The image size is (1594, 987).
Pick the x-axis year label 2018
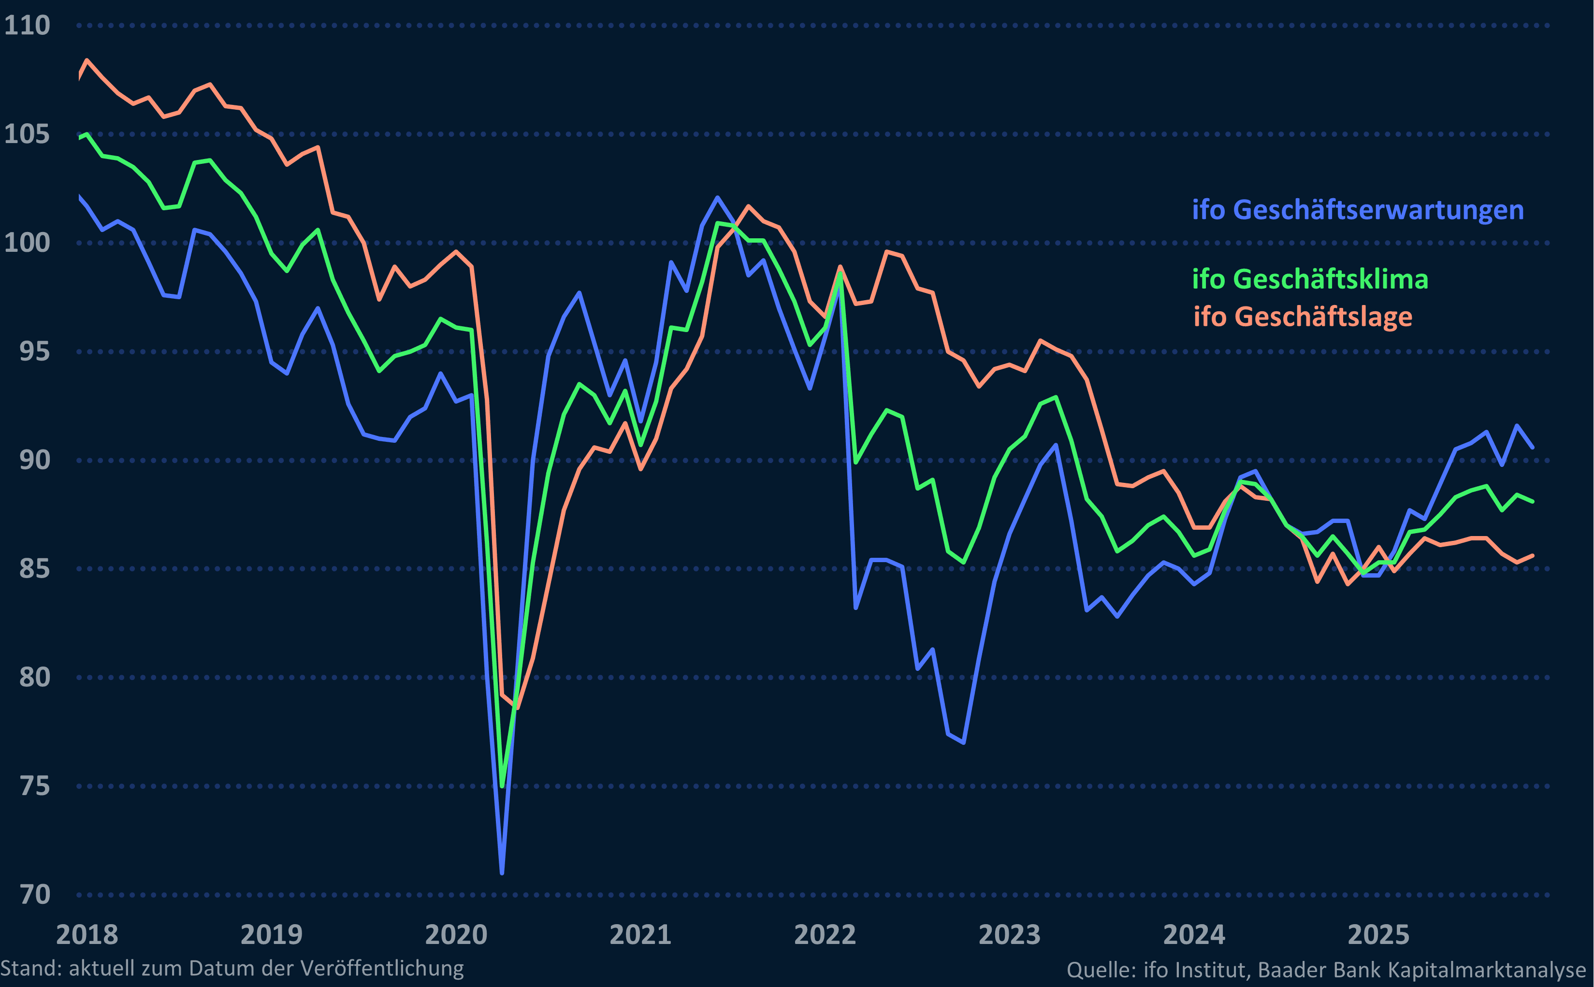click(87, 935)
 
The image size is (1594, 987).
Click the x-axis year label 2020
click(456, 935)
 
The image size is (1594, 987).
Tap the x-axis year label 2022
click(825, 935)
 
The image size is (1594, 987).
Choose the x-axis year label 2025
click(1378, 935)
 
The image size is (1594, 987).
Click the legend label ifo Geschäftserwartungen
click(1358, 210)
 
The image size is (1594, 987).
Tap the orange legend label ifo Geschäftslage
click(1302, 317)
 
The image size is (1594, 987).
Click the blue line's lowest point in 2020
click(501, 872)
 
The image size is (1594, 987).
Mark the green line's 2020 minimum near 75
click(502, 786)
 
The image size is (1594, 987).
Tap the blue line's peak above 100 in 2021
click(717, 197)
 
